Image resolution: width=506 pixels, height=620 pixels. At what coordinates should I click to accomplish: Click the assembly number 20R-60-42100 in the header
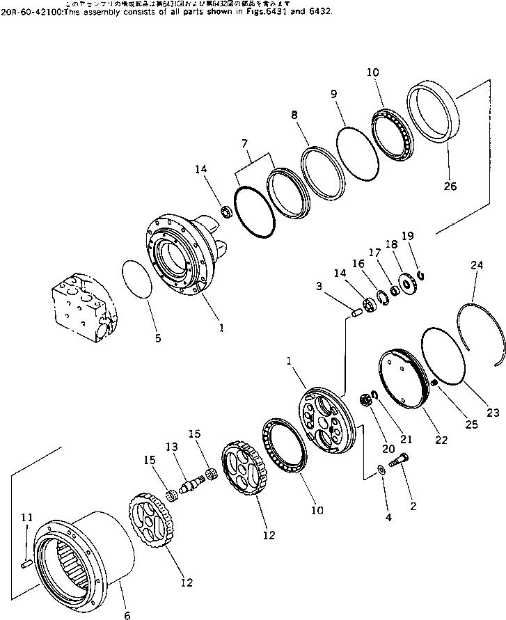[x=32, y=12]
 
